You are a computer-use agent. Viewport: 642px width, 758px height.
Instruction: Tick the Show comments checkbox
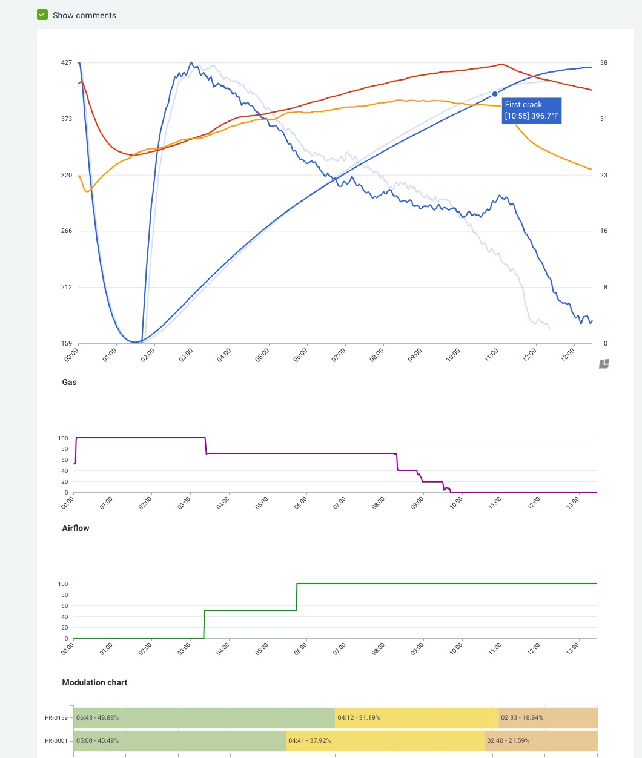pos(42,15)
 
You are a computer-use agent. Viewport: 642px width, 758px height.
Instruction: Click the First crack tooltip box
pos(532,110)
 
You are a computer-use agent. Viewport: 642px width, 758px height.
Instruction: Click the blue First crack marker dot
pos(495,94)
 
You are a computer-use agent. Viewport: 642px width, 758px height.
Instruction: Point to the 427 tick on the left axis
pos(67,62)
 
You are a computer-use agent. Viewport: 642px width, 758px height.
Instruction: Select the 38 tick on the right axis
pos(604,62)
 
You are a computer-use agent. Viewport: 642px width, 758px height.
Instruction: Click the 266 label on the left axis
pos(67,231)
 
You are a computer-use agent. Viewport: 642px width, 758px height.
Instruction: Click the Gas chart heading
pos(70,382)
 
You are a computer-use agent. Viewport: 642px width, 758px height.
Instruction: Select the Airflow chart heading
pos(76,528)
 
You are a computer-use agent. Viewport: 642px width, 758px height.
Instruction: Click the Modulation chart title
pos(94,682)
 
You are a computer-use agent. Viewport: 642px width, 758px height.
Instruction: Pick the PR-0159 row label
pos(56,718)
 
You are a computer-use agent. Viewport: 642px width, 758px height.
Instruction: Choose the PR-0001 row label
pos(56,741)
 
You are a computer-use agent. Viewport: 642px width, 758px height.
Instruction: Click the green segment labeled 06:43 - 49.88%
pos(204,718)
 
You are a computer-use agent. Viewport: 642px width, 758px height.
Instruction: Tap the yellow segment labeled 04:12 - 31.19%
pos(417,718)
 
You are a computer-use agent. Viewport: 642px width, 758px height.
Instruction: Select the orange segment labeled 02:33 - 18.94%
pos(548,718)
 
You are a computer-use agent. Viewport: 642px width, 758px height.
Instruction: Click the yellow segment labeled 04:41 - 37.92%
pos(385,741)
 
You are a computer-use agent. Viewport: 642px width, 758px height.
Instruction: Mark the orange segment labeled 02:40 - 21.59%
pos(541,741)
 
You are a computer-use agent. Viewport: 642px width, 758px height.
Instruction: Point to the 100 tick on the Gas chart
pos(63,438)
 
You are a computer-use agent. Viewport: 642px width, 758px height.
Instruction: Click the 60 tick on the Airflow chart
pos(63,605)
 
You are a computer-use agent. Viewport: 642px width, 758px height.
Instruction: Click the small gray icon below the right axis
pos(604,364)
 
